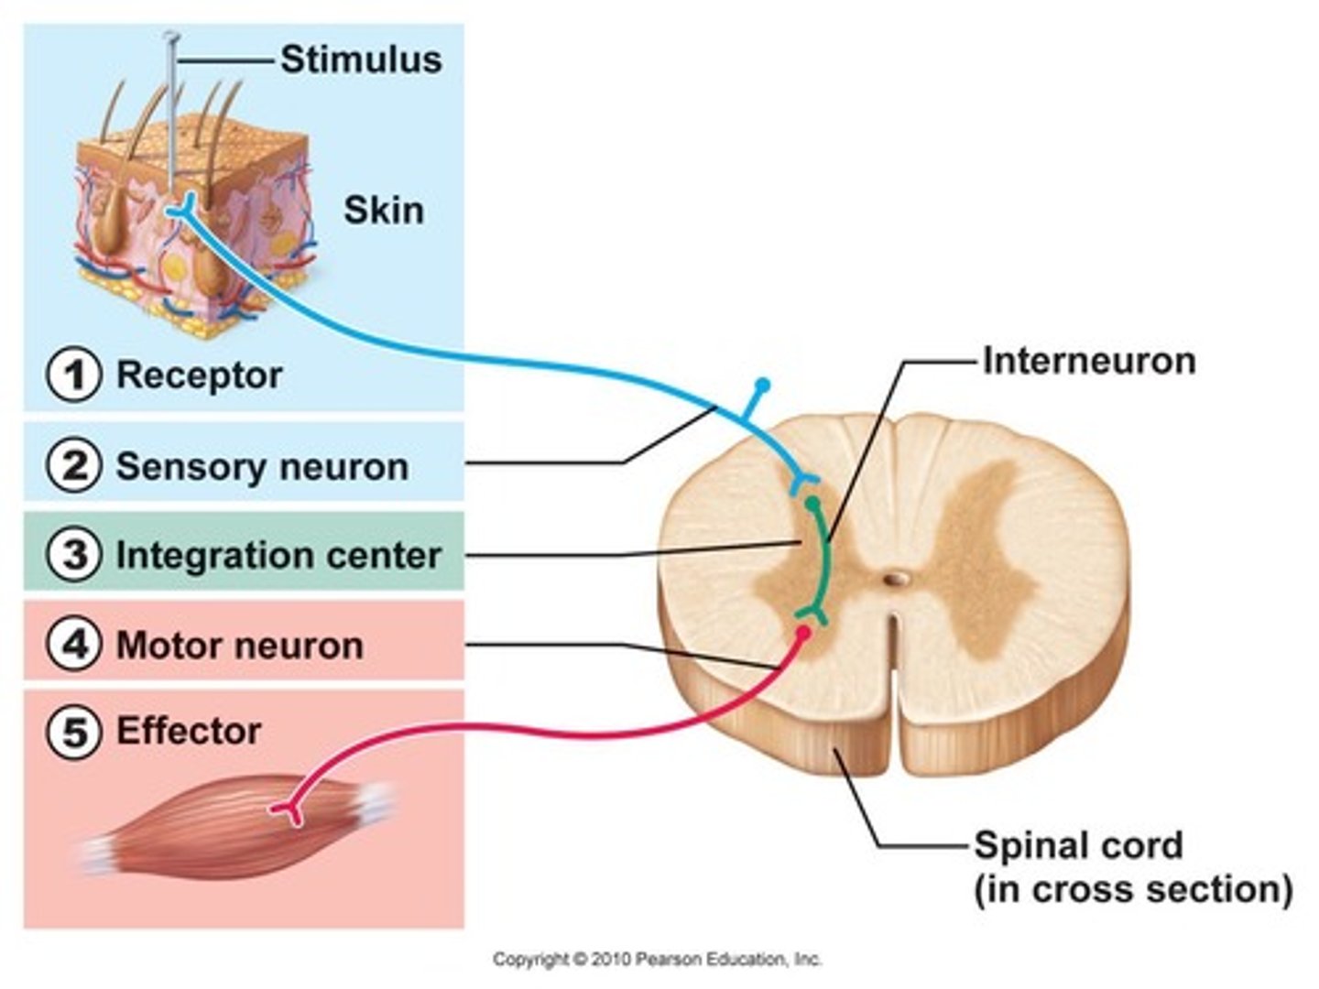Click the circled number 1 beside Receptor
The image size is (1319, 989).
(x=74, y=375)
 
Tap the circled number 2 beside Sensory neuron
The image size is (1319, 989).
(x=74, y=465)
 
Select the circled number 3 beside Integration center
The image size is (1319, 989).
(x=74, y=555)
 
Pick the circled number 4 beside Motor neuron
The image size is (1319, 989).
(x=74, y=645)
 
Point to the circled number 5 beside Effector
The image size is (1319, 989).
(x=74, y=731)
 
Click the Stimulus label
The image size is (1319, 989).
(x=361, y=60)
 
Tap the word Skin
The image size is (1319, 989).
(x=384, y=211)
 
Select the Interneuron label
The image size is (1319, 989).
(x=1088, y=361)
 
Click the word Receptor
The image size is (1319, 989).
(x=199, y=375)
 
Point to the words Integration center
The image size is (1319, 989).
(x=278, y=556)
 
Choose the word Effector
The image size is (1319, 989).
(x=189, y=731)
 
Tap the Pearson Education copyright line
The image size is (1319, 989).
(x=657, y=959)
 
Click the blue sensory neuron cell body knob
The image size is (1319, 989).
(x=762, y=385)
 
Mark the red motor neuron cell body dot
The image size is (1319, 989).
(x=803, y=632)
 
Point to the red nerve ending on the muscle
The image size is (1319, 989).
(x=290, y=810)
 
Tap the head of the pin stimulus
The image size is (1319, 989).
(x=170, y=38)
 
